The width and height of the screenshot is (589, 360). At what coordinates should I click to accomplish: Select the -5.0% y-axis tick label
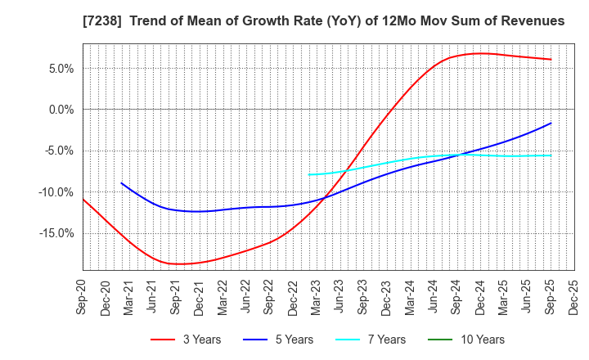pos(57,151)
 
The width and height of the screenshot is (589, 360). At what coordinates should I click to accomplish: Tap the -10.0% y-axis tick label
pos(55,192)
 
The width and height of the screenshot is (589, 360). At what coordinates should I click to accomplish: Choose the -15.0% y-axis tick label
pos(55,233)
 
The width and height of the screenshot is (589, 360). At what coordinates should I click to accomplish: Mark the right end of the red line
pos(551,59)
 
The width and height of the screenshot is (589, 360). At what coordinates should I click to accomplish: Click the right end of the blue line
pos(551,124)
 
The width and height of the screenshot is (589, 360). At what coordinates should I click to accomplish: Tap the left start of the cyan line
pos(308,174)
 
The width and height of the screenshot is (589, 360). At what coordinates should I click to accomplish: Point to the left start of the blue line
pos(121,183)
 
